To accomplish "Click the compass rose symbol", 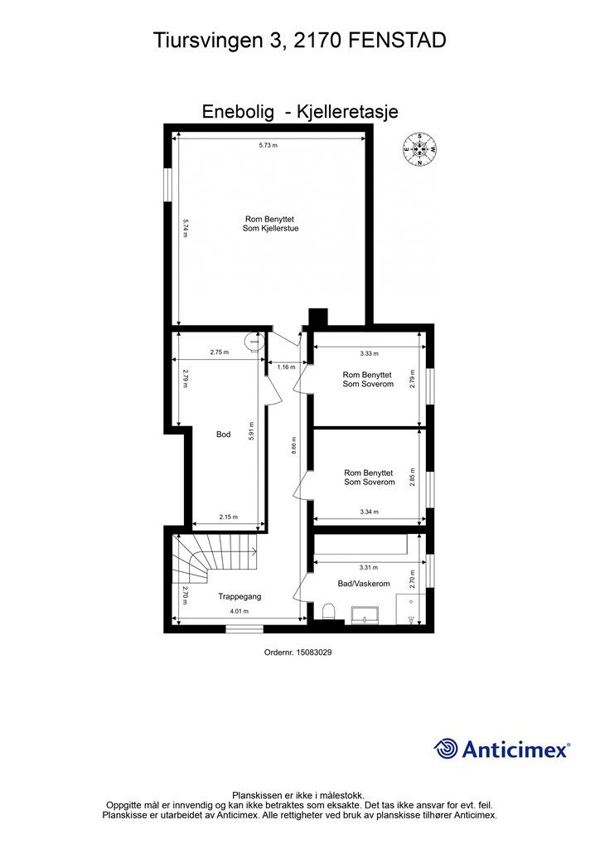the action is pos(420,149).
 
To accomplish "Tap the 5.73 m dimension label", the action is pos(268,145).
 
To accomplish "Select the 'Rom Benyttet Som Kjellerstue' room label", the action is pos(270,224).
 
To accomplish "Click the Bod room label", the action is pos(223,434).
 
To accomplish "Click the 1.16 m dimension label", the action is pos(286,367).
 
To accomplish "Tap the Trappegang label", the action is pos(240,597).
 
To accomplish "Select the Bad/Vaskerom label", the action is pos(364,584).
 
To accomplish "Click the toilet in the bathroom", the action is pos(328,613).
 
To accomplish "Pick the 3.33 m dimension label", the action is pos(369,353).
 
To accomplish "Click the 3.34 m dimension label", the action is pos(369,512).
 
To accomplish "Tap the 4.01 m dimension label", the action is pos(239,611).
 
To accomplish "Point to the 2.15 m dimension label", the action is pos(228,517).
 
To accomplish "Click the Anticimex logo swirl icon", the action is pos(446,749).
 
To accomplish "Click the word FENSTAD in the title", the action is pos(396,41).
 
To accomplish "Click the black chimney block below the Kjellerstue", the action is pos(317,317).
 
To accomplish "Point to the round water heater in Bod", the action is pos(254,341).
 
